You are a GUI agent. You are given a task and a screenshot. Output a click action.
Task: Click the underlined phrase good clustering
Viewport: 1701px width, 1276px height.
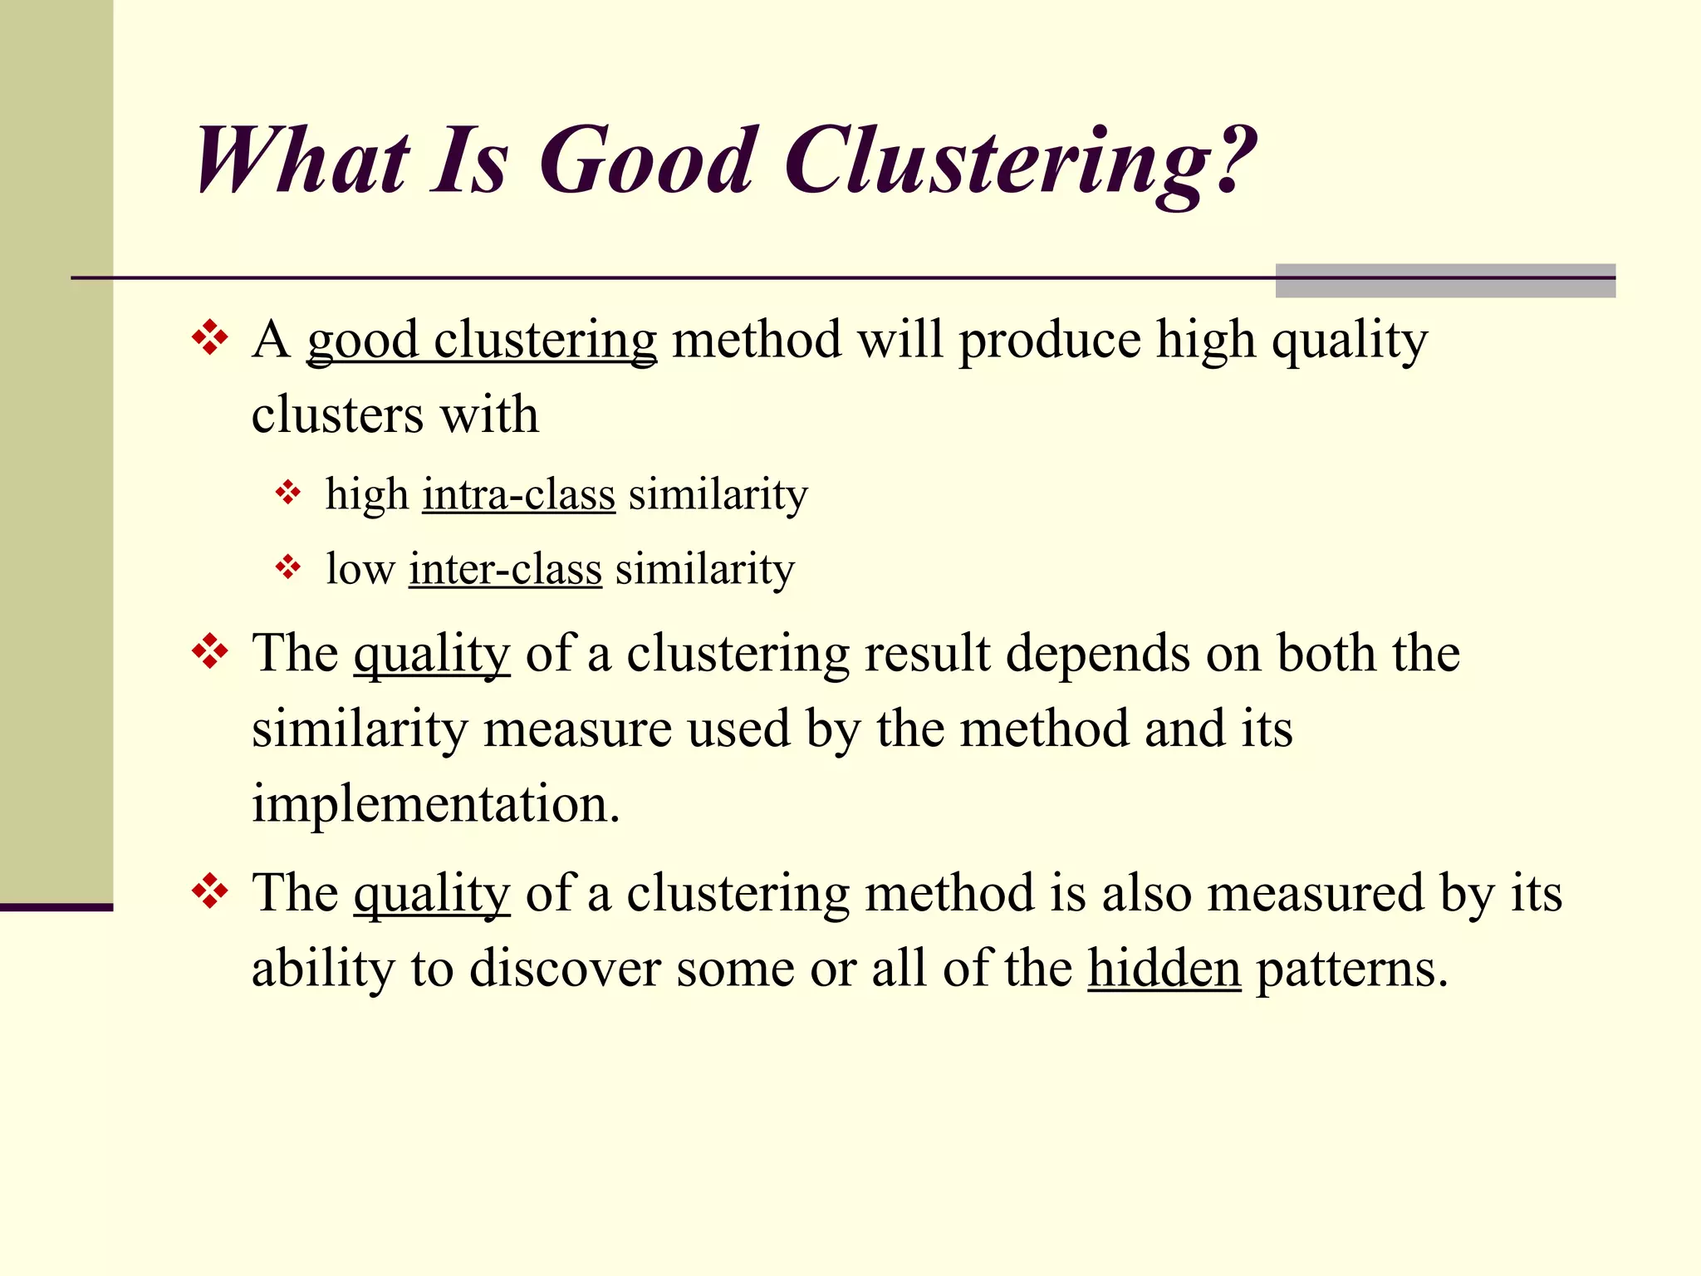tap(482, 341)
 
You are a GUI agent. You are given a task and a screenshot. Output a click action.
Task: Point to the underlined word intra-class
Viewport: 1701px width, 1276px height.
tap(518, 495)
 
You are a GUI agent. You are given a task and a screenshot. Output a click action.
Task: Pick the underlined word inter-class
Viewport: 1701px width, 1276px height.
tap(505, 570)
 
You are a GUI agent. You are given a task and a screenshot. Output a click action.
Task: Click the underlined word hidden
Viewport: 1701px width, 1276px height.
tap(1164, 969)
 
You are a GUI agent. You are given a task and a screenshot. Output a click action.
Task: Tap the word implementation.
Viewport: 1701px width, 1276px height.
tap(436, 804)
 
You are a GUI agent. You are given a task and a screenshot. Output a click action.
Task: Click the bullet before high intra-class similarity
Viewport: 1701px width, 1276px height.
tap(287, 493)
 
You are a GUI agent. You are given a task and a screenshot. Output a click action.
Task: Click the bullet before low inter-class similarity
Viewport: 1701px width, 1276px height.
tap(287, 567)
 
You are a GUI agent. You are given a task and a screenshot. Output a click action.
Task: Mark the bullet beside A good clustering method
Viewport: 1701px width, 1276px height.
tap(210, 338)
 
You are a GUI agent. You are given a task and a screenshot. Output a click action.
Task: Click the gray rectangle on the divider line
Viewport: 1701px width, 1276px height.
tap(1445, 281)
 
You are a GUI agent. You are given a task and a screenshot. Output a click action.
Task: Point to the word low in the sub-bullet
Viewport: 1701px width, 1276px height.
tap(360, 570)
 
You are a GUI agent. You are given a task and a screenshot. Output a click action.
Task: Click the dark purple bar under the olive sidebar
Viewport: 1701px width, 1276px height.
tap(56, 907)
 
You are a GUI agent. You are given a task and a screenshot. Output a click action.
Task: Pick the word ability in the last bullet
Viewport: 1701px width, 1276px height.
tap(322, 969)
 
